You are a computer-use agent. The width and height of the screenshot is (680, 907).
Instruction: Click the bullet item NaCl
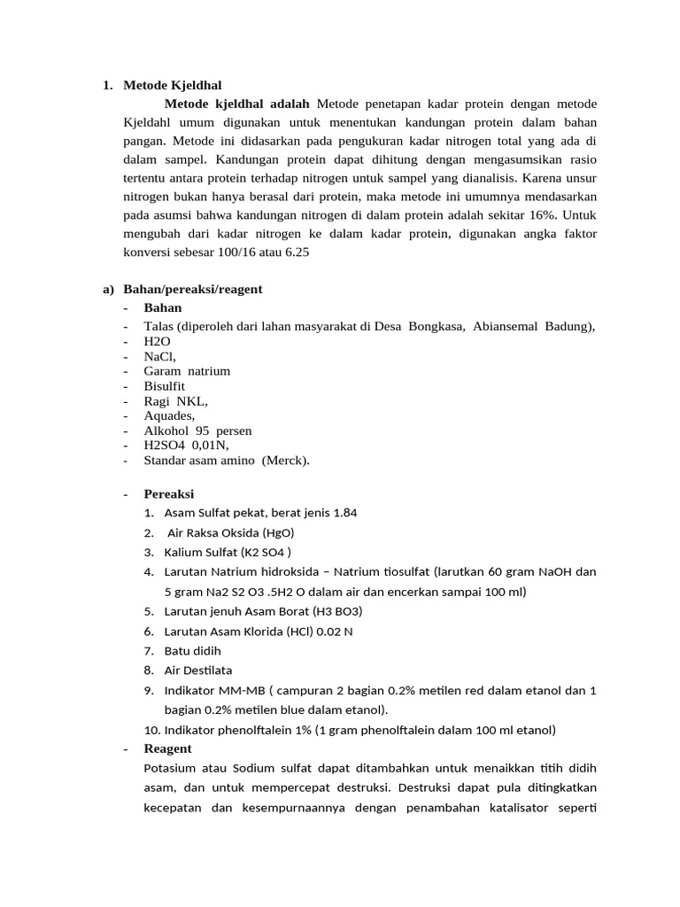click(x=160, y=355)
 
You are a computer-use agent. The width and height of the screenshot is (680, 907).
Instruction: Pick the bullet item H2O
click(x=158, y=341)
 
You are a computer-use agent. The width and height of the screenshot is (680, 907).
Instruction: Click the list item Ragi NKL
click(x=175, y=400)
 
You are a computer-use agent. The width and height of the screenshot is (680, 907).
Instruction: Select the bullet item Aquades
click(x=169, y=415)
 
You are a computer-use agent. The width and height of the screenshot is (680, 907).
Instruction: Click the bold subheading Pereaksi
click(x=169, y=493)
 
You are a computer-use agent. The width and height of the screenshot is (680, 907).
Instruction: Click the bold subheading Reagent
click(x=168, y=748)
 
